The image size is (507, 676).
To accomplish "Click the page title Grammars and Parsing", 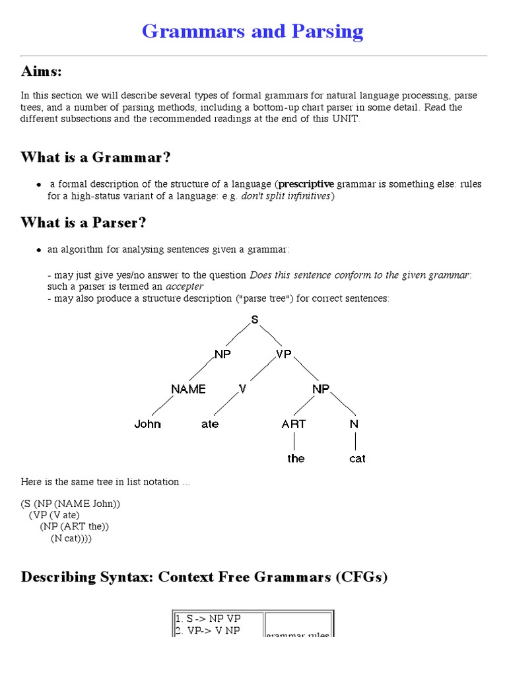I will (x=253, y=31).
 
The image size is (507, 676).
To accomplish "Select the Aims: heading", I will (x=41, y=71).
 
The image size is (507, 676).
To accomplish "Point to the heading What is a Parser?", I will (x=83, y=222).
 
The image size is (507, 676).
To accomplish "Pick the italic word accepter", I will (x=184, y=287).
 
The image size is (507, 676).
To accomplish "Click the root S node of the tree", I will (x=255, y=320).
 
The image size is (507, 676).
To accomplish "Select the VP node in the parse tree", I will (x=283, y=355).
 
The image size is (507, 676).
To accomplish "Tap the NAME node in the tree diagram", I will (x=188, y=389).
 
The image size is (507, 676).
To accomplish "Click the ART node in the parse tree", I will (x=294, y=424).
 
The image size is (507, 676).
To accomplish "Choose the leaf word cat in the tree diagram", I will (x=357, y=459).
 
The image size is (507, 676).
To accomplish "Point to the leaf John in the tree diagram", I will (x=147, y=424).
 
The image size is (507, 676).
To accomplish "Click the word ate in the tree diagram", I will (x=210, y=424).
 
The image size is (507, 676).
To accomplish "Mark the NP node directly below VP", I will (x=321, y=389).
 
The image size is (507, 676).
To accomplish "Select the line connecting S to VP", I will (x=268, y=337).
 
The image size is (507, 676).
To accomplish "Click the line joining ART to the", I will (x=295, y=441).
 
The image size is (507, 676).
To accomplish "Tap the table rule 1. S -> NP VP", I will (x=208, y=619).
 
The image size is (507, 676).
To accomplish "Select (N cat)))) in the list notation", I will (x=71, y=539).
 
